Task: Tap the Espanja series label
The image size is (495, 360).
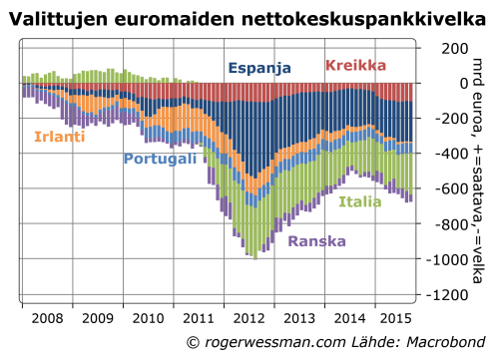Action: pos(259,69)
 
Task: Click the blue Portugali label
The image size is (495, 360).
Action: pos(161,159)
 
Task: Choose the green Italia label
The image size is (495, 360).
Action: pos(359,201)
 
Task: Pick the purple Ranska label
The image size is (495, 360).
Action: pos(316,240)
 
